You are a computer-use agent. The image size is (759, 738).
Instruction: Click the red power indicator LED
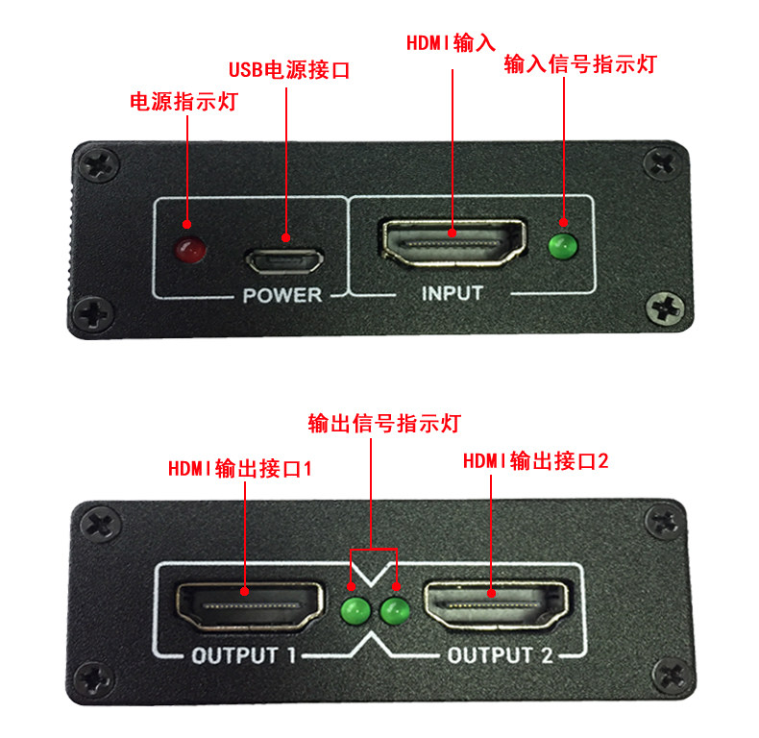click(x=190, y=250)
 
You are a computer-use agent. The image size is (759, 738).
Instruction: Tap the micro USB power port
click(x=284, y=261)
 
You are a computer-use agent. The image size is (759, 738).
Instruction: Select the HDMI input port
click(x=453, y=242)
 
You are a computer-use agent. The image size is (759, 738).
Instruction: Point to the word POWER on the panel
click(x=282, y=295)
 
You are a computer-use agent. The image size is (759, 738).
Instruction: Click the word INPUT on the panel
click(x=453, y=293)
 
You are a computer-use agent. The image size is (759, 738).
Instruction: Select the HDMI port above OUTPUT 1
click(x=249, y=606)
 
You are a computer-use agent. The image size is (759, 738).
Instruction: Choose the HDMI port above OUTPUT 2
click(x=496, y=605)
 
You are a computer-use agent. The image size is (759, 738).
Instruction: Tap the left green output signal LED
click(x=355, y=610)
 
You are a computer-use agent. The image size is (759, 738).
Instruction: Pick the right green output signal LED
click(x=395, y=610)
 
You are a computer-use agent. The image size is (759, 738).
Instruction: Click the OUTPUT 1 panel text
click(x=243, y=655)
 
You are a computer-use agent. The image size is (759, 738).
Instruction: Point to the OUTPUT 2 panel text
click(x=500, y=655)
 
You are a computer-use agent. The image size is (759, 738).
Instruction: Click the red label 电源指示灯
click(x=184, y=102)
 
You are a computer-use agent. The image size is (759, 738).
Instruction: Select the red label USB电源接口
click(x=289, y=70)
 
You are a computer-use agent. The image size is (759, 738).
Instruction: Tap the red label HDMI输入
click(x=451, y=43)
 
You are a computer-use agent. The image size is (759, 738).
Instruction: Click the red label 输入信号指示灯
click(x=580, y=64)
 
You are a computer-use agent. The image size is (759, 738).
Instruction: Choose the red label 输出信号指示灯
click(x=384, y=424)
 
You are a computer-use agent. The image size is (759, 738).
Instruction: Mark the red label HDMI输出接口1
click(x=240, y=469)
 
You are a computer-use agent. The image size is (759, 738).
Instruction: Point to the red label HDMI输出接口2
click(x=536, y=461)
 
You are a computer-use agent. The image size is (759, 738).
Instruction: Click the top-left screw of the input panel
click(x=99, y=164)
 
